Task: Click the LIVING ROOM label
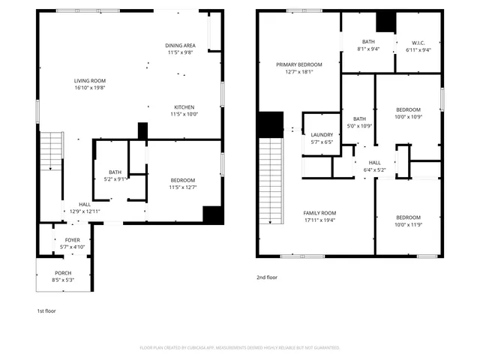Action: (x=89, y=81)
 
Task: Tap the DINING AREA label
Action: (x=180, y=46)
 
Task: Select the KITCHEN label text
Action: (x=184, y=106)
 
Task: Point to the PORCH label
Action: (x=63, y=272)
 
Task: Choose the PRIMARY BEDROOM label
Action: (x=298, y=65)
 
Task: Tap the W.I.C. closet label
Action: (x=418, y=42)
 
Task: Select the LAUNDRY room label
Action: (x=322, y=134)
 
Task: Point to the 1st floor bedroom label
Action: (x=182, y=180)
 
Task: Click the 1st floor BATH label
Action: (x=115, y=172)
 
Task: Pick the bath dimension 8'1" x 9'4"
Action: (x=367, y=49)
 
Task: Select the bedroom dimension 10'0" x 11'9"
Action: (x=408, y=225)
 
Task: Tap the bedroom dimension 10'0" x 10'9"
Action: (x=408, y=116)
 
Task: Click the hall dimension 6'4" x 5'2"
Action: (x=373, y=169)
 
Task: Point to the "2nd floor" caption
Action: (x=267, y=277)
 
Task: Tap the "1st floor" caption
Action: (x=46, y=310)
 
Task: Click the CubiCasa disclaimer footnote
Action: (x=240, y=348)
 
